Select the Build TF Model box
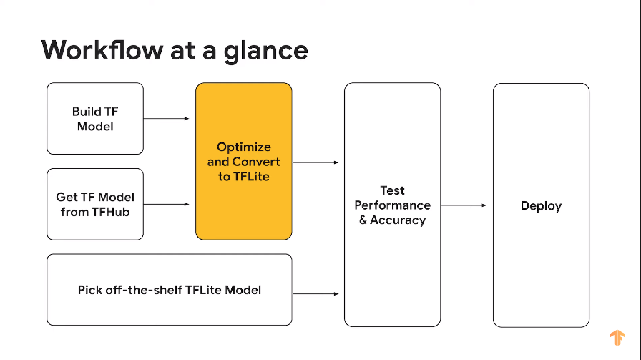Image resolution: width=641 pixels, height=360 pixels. [95, 118]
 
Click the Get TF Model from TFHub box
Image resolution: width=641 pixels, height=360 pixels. [95, 204]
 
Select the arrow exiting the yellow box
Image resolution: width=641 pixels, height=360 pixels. [315, 162]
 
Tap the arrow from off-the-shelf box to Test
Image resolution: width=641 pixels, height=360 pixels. [315, 293]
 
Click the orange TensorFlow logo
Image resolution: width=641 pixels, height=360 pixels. [617, 337]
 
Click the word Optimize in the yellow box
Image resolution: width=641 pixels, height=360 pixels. [244, 147]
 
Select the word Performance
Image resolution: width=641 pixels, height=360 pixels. [392, 205]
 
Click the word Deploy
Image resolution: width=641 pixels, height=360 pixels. [541, 206]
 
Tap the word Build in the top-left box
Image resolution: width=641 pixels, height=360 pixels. [87, 112]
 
